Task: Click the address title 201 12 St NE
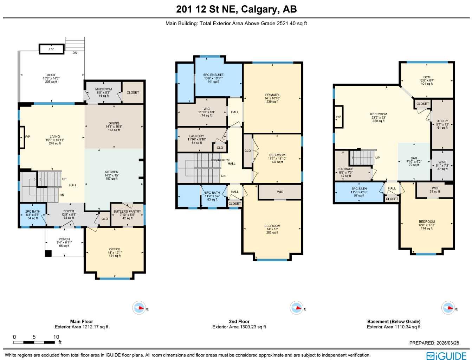coord(236,9)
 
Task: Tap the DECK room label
coord(51,75)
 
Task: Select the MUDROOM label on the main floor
coord(103,89)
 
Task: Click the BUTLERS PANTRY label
coord(127,212)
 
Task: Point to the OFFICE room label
coord(115,249)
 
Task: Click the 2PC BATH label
coord(33,212)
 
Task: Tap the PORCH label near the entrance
coord(64,239)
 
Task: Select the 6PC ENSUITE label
coord(213,75)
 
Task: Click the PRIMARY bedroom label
coord(272,95)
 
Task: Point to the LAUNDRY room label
coord(196,136)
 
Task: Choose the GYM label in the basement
coord(427,77)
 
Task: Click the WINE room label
coord(442,162)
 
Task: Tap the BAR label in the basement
coord(414,158)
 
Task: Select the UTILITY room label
coord(442,121)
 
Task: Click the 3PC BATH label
coord(359,189)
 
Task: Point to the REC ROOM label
coord(378,114)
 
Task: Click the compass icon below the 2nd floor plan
coord(296,308)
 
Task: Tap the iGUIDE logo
coord(446,355)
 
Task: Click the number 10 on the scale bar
coord(56,337)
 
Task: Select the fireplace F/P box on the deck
coord(51,49)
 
